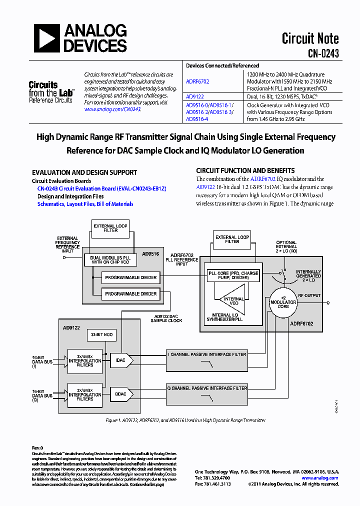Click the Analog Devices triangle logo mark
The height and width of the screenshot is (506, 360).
(47, 38)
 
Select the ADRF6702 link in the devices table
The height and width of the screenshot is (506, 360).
(197, 81)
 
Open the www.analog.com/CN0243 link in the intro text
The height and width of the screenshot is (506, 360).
(112, 109)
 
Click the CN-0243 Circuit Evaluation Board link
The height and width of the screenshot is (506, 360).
(101, 188)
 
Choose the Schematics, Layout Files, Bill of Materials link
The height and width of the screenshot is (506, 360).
(85, 204)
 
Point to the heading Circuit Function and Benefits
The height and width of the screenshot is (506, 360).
(245, 170)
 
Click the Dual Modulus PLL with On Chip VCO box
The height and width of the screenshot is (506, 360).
(109, 260)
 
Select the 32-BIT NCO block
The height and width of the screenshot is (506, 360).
(102, 334)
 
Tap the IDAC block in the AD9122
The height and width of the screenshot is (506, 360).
(120, 359)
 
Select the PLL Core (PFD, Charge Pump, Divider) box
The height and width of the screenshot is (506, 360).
(232, 276)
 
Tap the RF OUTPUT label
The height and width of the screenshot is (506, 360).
(309, 295)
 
